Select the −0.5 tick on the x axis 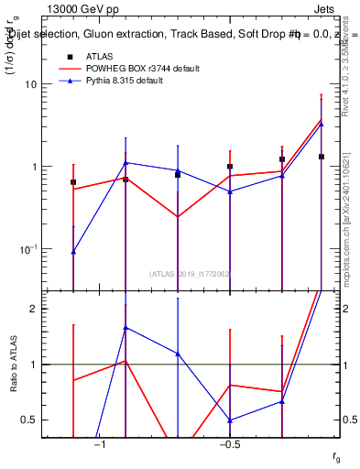tap(228, 443)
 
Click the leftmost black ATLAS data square tap(73, 182)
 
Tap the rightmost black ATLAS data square tap(322, 157)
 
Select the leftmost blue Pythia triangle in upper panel tap(73, 251)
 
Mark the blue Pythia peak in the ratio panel tap(125, 327)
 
